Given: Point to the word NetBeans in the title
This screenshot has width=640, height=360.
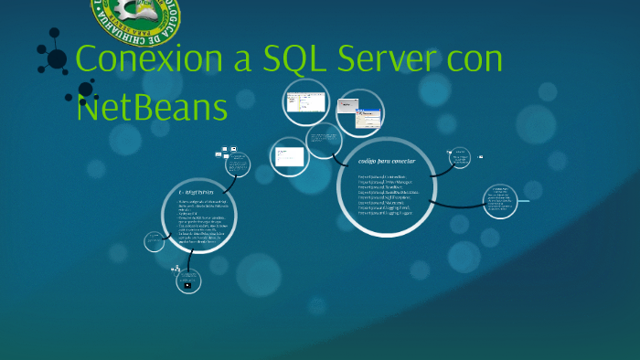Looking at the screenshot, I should tap(152, 108).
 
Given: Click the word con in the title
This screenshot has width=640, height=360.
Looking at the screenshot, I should tap(475, 60).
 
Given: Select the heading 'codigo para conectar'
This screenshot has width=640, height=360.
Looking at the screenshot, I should tap(393, 162).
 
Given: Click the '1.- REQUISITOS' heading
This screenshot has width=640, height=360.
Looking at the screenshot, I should tap(196, 192).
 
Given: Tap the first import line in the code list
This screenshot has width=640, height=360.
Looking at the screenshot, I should tap(388, 175).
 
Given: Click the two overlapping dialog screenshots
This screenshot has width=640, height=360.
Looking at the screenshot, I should tap(359, 111).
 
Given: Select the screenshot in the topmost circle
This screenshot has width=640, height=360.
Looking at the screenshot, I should tap(304, 101).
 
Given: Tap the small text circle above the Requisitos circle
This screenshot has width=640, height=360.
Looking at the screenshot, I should tap(237, 164).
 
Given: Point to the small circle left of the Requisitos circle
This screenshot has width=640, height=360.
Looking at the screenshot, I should tap(155, 240).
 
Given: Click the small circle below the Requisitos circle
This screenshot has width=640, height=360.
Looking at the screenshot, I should tap(187, 283).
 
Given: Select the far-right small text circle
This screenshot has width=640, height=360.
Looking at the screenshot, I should tap(499, 201).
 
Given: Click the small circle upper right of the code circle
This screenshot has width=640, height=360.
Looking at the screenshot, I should tap(460, 157).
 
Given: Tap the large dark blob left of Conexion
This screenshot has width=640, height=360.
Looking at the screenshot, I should tap(57, 59).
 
